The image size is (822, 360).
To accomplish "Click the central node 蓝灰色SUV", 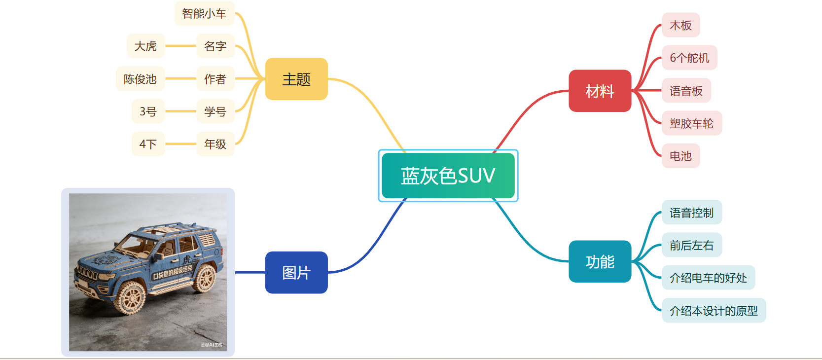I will [x=448, y=176].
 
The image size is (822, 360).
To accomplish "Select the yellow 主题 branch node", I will [x=296, y=79].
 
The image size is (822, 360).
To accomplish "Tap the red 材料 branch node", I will [x=600, y=91].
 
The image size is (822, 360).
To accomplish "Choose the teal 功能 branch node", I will [x=600, y=261].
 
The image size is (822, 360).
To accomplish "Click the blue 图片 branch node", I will [x=296, y=272].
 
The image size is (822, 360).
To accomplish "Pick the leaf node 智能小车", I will [x=204, y=13].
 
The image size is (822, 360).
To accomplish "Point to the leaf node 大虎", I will [x=145, y=46].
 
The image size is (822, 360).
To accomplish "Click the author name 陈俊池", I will [x=140, y=79].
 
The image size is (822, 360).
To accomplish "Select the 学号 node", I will [x=215, y=111].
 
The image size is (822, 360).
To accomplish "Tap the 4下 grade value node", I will [x=148, y=144].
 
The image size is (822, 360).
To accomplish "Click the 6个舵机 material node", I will [x=689, y=58].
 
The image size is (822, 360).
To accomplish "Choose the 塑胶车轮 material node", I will [x=691, y=123].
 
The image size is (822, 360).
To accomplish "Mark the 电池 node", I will [x=680, y=156].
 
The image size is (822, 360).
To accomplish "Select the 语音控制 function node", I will [x=691, y=213].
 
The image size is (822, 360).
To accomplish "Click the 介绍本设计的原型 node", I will [x=714, y=311].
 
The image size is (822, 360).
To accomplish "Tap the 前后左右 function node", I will [x=691, y=245].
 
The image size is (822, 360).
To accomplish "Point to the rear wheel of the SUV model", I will [x=205, y=279].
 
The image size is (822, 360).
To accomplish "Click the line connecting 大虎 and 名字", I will [x=180, y=46].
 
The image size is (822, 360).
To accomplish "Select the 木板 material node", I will [x=680, y=25].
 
